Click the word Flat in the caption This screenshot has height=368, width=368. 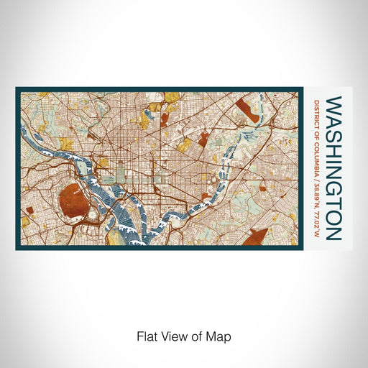pos(146,335)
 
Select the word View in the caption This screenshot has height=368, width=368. pos(170,335)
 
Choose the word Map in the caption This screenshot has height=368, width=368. pos(219,335)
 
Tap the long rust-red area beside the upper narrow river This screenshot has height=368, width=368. pos(247,111)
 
